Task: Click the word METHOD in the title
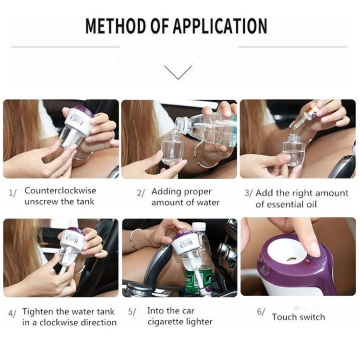click(116, 26)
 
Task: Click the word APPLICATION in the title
click(220, 26)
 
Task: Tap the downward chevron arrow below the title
click(178, 72)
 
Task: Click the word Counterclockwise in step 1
click(60, 191)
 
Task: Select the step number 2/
click(141, 193)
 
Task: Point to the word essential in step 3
click(282, 204)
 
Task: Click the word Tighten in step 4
click(37, 312)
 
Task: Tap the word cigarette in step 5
click(165, 322)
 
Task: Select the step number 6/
click(261, 312)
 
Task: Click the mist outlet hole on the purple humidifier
click(291, 259)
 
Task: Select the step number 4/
click(12, 313)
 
